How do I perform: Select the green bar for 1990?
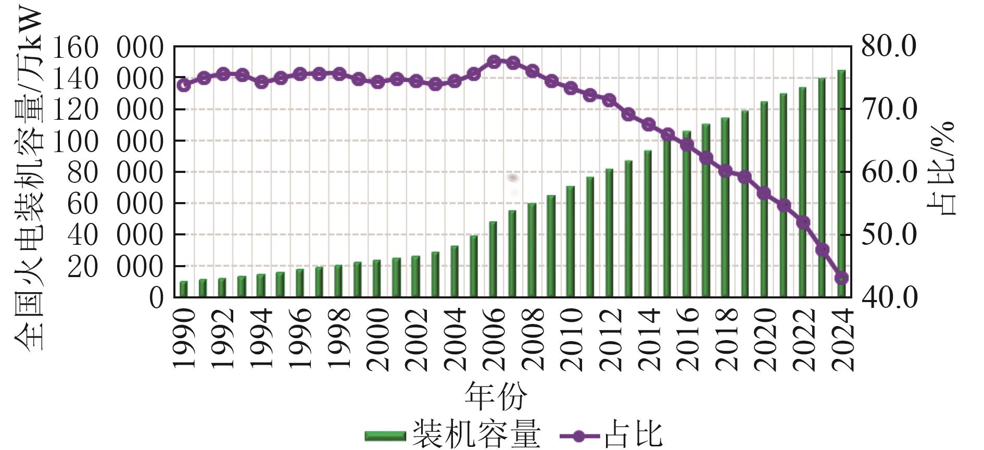184,289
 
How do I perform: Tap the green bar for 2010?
571,242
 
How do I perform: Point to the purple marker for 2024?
841,278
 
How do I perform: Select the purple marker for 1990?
184,85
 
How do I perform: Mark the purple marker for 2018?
726,171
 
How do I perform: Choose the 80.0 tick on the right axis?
888,47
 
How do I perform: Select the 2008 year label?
533,339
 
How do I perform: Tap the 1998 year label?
339,339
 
